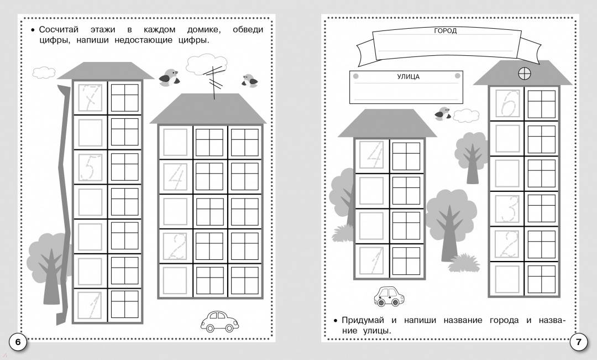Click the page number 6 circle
coord(18,342)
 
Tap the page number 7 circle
coord(578,342)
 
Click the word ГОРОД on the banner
coord(445,31)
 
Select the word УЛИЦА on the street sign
coord(408,76)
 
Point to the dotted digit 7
coord(90,97)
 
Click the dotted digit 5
coord(90,167)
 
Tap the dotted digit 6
coord(507,103)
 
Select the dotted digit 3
coord(508,208)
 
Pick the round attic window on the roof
coord(524,74)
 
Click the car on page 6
coord(219,321)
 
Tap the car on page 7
coord(389,296)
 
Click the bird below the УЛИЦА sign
coord(443,114)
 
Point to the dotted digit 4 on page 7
coord(374,155)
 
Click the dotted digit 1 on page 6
coord(91,305)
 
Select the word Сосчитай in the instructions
coord(59,29)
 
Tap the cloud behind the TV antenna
coord(206,64)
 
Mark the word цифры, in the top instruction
coord(55,40)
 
